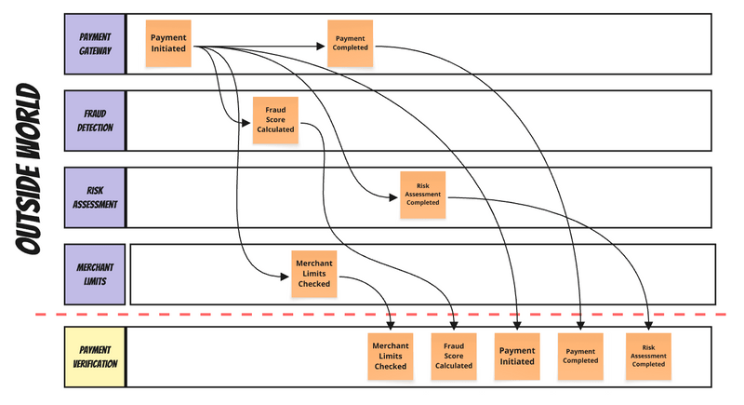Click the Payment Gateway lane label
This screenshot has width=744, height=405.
(95, 45)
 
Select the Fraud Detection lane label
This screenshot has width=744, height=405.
(95, 121)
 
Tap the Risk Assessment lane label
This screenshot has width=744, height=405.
(95, 196)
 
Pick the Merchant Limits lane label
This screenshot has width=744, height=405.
(95, 274)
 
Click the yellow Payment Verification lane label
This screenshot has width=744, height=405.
(95, 357)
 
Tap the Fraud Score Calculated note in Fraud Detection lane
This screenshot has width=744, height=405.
(275, 120)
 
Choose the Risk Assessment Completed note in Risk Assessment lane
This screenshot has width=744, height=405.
(423, 196)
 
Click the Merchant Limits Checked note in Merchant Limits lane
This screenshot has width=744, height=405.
(313, 274)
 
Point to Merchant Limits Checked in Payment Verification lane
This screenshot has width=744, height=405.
(391, 356)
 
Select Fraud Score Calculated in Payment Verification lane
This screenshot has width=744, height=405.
(454, 356)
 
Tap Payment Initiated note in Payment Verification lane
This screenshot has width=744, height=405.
(517, 356)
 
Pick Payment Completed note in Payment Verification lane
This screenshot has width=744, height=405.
(580, 356)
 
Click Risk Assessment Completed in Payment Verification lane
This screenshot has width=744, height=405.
(648, 356)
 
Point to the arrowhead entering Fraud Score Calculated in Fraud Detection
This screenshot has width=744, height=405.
(247, 120)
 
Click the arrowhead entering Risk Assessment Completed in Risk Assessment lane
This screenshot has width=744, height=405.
(395, 196)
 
